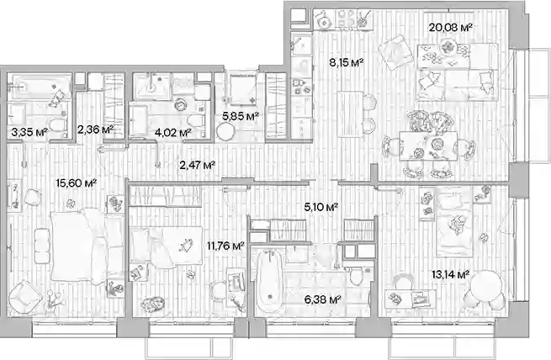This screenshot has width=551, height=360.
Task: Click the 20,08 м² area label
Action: coord(450,28)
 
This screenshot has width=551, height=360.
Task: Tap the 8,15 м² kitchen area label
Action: coord(346,63)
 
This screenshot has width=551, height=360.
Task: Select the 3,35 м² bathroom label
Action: coord(29,132)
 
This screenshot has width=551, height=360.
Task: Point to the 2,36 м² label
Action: coord(95,130)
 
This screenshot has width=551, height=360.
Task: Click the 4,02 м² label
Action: coord(173,132)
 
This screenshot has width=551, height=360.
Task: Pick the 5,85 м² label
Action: coord(241,116)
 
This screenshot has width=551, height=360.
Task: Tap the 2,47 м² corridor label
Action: coord(197,164)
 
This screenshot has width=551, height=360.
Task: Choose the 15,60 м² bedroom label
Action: coord(77,183)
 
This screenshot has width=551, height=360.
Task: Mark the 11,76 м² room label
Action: coord(225,246)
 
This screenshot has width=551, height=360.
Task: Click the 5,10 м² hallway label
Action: coord(321,207)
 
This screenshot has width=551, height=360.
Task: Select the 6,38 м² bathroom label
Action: coord(323,299)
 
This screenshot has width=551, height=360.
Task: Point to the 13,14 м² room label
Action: coord(451,274)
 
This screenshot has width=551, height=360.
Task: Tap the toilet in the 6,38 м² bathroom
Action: coord(356,276)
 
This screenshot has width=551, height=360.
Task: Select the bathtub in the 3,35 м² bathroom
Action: coord(40,87)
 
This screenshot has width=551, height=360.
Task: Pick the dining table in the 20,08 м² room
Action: coord(428,146)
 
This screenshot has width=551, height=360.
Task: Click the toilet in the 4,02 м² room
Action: coord(194,121)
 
